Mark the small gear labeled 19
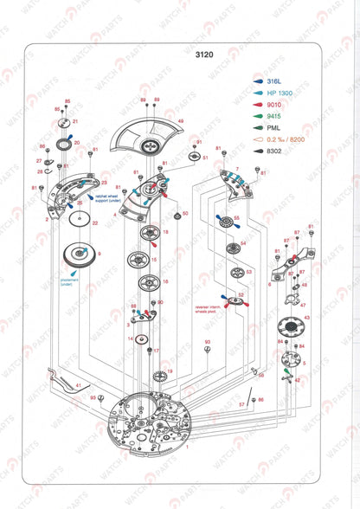point(158,377)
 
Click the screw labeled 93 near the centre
point(207,351)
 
